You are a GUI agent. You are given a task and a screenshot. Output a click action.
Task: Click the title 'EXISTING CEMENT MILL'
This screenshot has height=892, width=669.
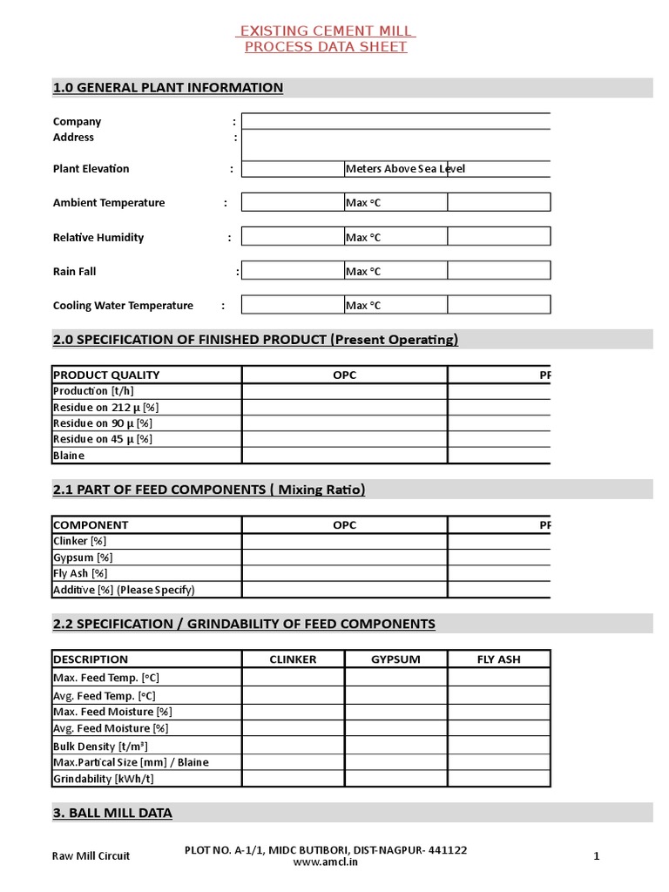[x=326, y=31]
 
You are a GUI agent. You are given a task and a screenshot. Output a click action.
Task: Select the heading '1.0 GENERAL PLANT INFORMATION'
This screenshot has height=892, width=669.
[x=168, y=87]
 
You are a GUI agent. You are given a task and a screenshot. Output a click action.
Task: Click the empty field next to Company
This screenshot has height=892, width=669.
[x=395, y=122]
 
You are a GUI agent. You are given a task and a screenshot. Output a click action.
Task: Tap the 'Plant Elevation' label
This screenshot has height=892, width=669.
[x=91, y=169]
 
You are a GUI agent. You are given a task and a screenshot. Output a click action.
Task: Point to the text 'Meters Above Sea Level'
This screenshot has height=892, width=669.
[x=405, y=169]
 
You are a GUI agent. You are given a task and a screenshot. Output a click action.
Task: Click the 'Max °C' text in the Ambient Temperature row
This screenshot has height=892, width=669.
[x=363, y=203]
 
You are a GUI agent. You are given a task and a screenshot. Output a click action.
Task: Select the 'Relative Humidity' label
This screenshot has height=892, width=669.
[x=98, y=237]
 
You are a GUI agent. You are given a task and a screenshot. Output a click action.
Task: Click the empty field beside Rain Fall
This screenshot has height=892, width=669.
[x=293, y=271]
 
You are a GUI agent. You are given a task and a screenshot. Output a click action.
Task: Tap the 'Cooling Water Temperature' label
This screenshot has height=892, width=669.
[x=123, y=306]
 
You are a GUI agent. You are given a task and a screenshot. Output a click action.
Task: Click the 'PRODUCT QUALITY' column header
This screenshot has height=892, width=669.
[x=106, y=375]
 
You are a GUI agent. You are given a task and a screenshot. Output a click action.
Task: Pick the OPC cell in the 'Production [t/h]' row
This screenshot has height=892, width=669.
[x=344, y=391]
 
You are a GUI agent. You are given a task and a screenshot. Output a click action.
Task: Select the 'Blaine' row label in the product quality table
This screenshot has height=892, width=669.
[x=69, y=456]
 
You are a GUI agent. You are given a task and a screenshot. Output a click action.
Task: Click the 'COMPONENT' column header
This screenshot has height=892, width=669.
[x=91, y=525]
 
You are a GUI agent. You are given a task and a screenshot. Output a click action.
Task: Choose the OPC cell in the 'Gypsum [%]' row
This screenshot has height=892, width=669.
[x=344, y=557]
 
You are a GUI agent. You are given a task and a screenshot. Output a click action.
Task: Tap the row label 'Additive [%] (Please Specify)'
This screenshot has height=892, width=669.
[x=124, y=590]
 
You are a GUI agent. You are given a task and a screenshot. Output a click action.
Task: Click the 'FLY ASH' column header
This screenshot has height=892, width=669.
[x=498, y=659]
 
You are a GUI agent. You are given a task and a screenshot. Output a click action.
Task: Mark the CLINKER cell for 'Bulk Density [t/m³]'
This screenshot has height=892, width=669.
[x=293, y=746]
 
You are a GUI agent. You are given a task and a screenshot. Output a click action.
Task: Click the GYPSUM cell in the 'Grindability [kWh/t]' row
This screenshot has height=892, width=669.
[x=395, y=778]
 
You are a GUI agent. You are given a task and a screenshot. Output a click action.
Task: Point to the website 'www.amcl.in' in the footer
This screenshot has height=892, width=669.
[x=326, y=862]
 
